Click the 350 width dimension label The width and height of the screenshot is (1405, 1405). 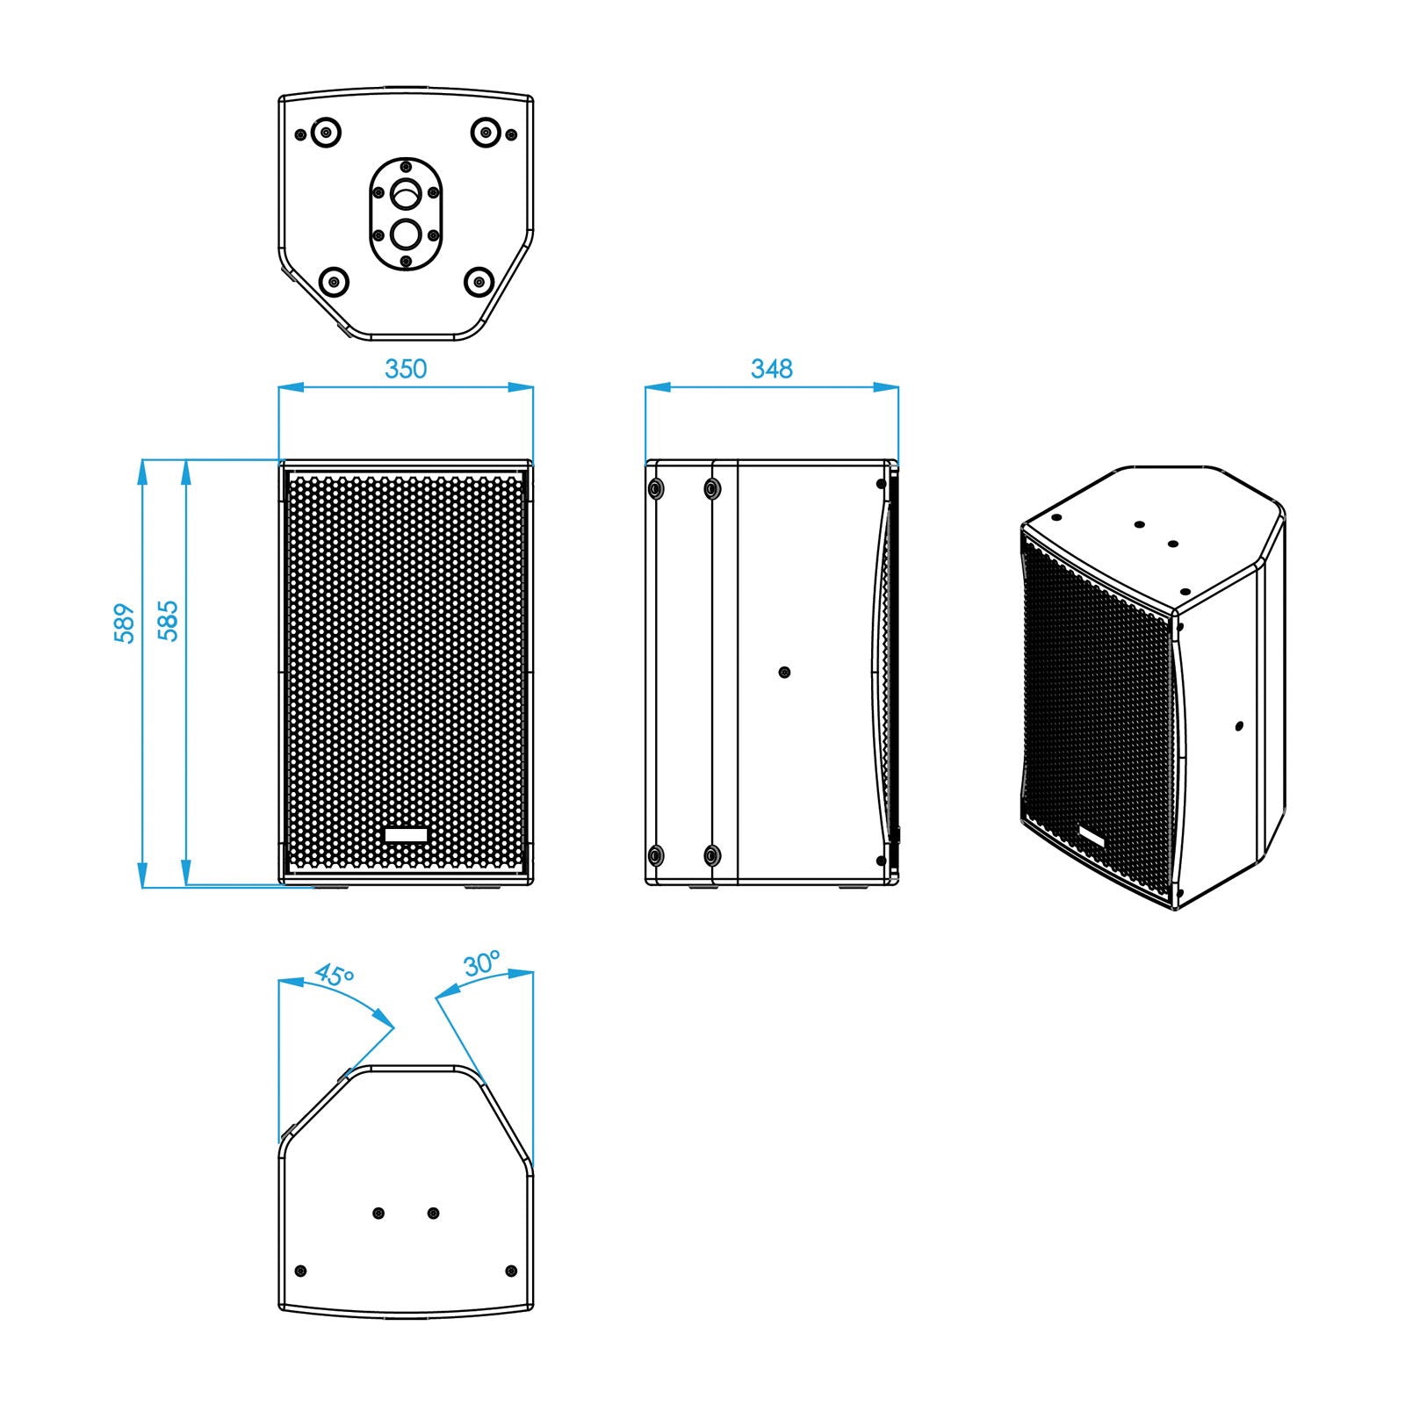point(406,369)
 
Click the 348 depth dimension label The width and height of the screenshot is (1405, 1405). point(771,369)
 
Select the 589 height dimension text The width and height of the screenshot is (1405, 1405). point(125,623)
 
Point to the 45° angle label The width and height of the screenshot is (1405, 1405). point(335,976)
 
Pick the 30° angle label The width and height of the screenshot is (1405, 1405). point(482,963)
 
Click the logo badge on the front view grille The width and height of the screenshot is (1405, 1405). point(406,834)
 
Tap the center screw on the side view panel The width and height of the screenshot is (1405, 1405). point(785,673)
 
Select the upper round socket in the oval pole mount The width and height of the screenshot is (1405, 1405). point(406,191)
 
